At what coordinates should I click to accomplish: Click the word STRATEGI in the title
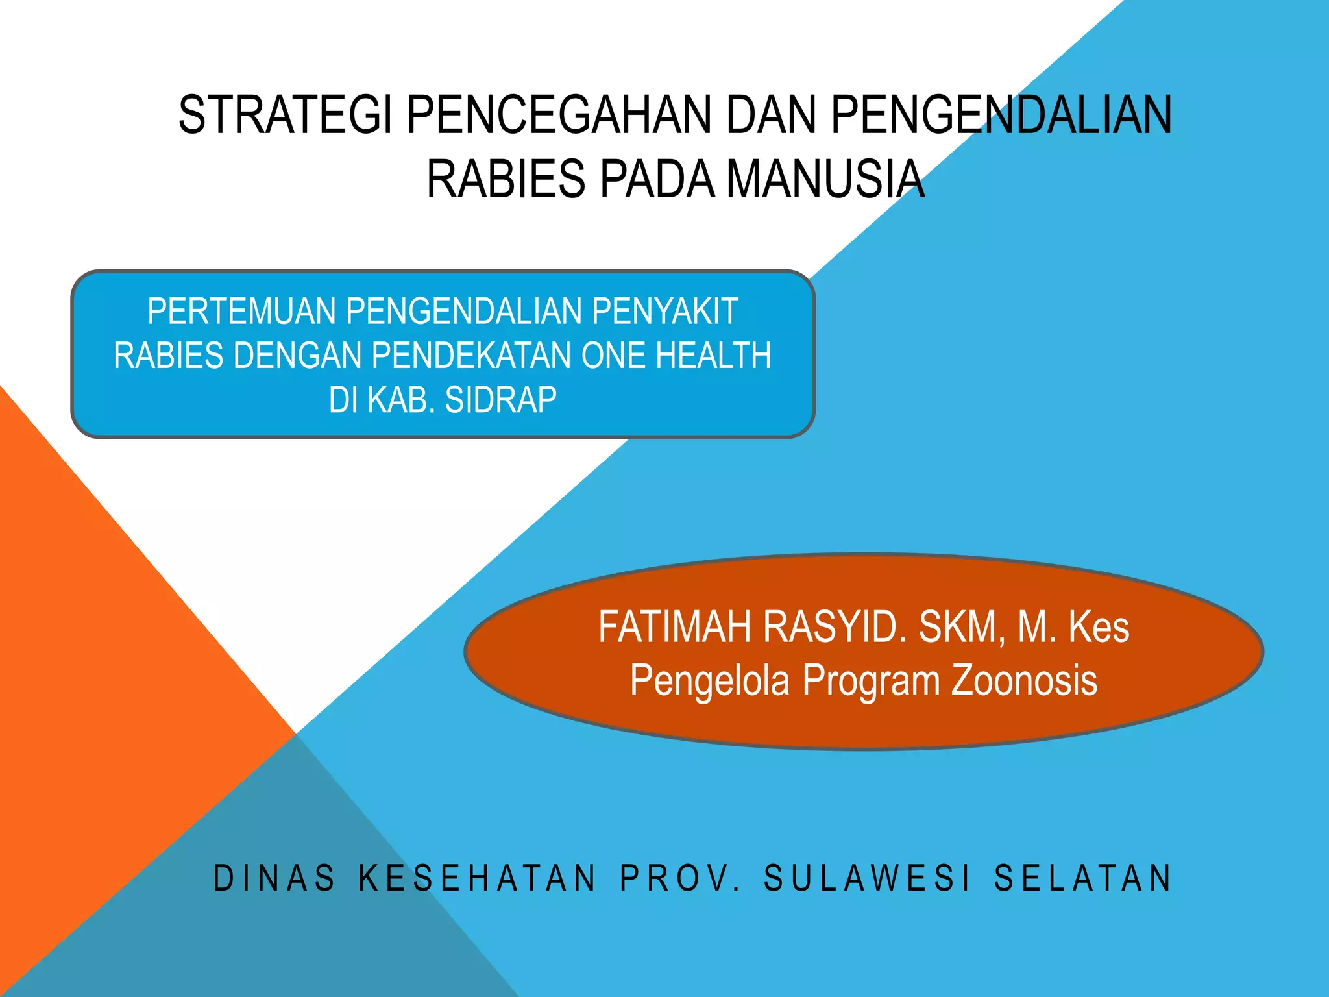(285, 115)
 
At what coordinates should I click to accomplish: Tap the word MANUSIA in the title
(825, 178)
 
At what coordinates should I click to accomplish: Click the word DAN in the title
(771, 115)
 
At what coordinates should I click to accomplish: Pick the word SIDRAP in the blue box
(500, 400)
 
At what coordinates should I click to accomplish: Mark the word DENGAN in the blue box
(298, 356)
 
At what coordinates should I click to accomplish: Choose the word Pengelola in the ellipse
(710, 680)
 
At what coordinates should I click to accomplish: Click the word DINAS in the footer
(274, 878)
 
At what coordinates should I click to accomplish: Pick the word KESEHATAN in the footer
(478, 878)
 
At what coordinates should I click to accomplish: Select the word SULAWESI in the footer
(868, 878)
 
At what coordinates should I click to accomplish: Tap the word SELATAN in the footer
(1083, 878)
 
